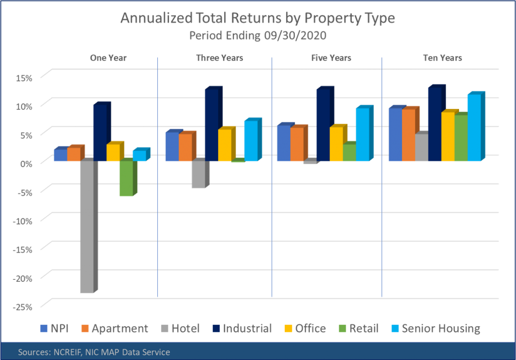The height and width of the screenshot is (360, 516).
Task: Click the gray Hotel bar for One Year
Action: point(87,227)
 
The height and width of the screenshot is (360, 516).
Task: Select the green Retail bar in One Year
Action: point(125,178)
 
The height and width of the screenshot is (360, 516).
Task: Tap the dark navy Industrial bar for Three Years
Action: point(211,126)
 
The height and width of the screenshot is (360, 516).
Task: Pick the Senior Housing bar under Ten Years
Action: point(474,128)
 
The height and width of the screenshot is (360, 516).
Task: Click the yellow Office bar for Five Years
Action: point(336,144)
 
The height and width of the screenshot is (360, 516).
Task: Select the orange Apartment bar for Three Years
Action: point(185,148)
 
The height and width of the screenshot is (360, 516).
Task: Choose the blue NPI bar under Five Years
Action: point(284,144)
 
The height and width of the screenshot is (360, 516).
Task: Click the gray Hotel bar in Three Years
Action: point(198,174)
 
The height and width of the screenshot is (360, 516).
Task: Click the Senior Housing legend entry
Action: point(436,329)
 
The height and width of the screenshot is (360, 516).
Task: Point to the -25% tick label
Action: point(22,307)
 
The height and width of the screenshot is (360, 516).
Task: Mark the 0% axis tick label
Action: point(25,163)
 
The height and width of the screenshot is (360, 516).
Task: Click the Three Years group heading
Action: point(219,57)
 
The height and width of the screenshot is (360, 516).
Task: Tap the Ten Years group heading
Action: point(442,57)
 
